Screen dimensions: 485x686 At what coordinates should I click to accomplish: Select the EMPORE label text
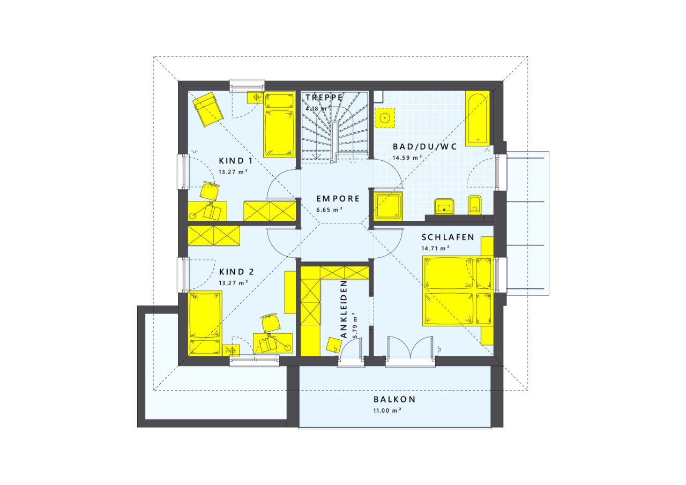click(x=331, y=198)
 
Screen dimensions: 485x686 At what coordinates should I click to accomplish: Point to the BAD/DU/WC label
click(x=424, y=146)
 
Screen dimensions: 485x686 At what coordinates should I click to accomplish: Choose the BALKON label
click(x=394, y=399)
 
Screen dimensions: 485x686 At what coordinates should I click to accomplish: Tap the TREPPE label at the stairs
click(x=324, y=98)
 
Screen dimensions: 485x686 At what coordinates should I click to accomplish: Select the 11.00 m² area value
click(x=387, y=410)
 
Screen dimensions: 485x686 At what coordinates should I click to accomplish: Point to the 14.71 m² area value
click(x=435, y=248)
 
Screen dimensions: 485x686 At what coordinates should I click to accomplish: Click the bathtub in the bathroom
click(x=477, y=118)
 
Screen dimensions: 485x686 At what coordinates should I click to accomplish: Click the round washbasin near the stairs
click(x=384, y=117)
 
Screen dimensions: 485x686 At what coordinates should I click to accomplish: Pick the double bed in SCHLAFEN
click(x=457, y=291)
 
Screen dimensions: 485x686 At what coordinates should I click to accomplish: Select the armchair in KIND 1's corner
click(x=208, y=109)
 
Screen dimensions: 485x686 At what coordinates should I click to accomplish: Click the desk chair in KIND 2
click(x=271, y=323)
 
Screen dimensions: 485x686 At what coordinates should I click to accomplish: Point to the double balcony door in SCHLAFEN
click(x=410, y=349)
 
